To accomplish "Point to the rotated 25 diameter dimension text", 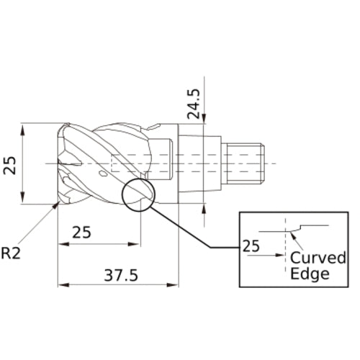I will click(11, 164).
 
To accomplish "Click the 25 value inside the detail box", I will click(251, 246).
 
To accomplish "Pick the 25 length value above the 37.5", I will click(81, 233).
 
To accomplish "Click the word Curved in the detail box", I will click(318, 258).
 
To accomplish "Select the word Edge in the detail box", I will click(310, 274).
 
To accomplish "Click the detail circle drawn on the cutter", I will click(138, 194).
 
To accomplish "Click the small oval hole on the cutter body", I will click(104, 174).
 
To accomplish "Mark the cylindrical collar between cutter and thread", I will click(198, 163).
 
